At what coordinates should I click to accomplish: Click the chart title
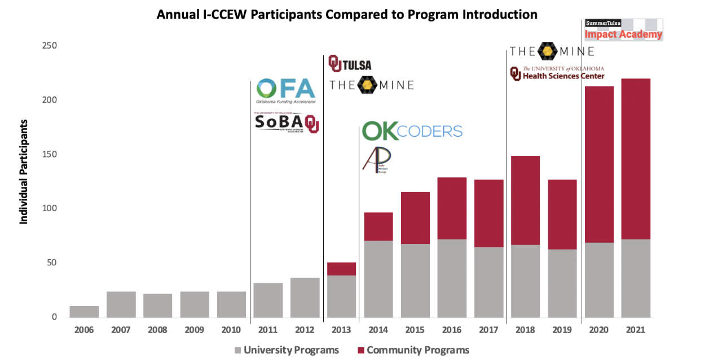(x=346, y=15)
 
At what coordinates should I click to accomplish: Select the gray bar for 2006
(x=84, y=312)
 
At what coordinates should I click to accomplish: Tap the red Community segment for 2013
(x=341, y=269)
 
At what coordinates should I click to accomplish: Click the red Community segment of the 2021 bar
(x=635, y=159)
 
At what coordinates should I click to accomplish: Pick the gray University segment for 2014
(x=378, y=279)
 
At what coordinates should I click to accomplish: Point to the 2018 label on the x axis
(x=525, y=330)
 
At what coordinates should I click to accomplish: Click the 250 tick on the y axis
(x=50, y=46)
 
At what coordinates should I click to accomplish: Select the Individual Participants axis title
(x=24, y=171)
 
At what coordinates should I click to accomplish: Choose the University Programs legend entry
(x=286, y=350)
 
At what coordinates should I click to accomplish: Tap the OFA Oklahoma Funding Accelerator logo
(x=285, y=91)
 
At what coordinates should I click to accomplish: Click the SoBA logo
(x=287, y=123)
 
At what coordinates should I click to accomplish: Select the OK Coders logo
(x=412, y=131)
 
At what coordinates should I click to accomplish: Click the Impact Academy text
(x=623, y=35)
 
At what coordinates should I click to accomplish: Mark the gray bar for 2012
(x=305, y=298)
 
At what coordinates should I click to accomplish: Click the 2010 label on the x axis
(x=231, y=330)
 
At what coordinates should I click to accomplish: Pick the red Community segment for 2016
(x=452, y=208)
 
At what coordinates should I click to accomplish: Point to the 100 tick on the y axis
(x=50, y=208)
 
